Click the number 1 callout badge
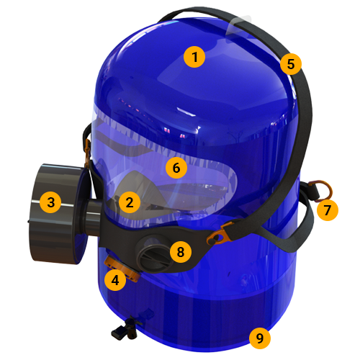point(194,57)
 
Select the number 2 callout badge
point(130,202)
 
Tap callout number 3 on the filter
point(50,202)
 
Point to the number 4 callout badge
point(115,280)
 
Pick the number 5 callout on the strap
point(291,64)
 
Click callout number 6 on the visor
point(176,168)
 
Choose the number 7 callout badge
point(328,210)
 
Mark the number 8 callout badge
point(181,252)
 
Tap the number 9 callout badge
point(260,338)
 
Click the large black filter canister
point(58,214)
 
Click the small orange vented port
point(122,268)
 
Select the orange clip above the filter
point(87,153)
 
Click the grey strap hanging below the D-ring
point(303,222)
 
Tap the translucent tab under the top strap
point(239,27)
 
